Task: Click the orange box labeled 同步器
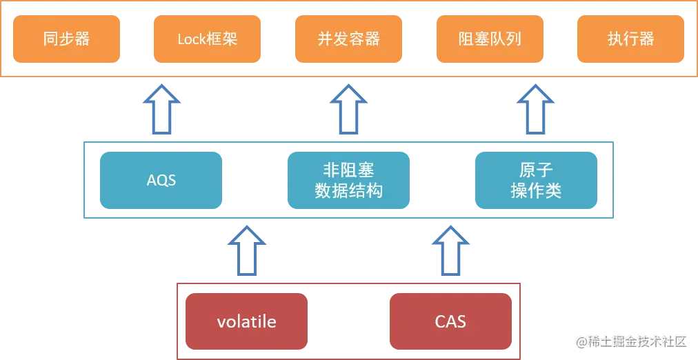(66, 39)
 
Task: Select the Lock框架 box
(207, 39)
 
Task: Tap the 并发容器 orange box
(348, 39)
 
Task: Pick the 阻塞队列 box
(490, 39)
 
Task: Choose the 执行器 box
(630, 39)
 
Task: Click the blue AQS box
(161, 180)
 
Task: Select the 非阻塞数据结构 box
(349, 180)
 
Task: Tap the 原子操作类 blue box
(536, 180)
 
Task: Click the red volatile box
(246, 321)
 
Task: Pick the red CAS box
(450, 321)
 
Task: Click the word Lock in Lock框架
(192, 39)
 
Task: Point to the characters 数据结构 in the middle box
(349, 190)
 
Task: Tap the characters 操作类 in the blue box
(536, 190)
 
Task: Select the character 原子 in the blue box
(536, 170)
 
